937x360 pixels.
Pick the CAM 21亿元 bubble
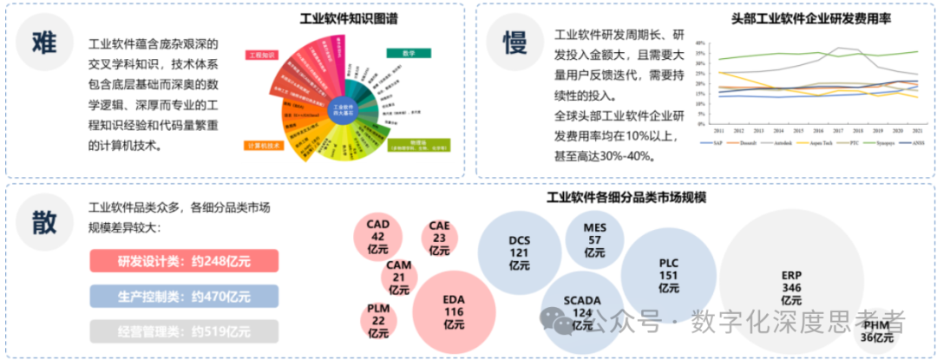point(399,277)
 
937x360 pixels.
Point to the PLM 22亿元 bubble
point(378,320)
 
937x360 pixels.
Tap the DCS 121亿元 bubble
point(519,252)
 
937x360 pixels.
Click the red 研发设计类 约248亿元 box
point(183,261)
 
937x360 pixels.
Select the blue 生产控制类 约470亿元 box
point(183,297)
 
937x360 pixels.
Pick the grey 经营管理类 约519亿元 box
point(183,331)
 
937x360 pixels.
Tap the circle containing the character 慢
point(515,41)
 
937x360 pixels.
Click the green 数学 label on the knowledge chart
point(409,53)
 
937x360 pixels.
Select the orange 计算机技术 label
point(265,146)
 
